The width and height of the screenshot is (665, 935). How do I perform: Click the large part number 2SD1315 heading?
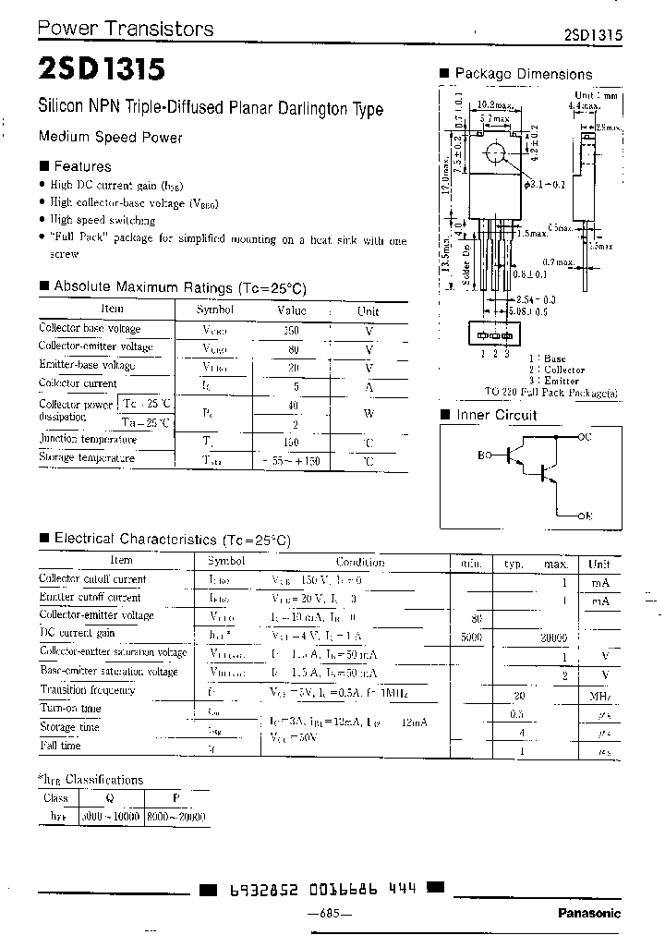coord(102,70)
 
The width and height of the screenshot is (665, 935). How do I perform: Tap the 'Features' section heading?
coord(81,166)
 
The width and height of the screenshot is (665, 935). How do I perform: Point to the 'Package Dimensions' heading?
coord(523,74)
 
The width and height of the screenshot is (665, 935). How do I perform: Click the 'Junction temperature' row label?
coord(88,439)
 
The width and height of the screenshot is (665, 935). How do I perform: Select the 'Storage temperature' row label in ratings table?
coord(87,457)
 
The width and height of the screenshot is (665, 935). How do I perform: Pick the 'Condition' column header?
coord(360,562)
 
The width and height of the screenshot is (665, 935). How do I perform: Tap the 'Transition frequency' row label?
coord(88,689)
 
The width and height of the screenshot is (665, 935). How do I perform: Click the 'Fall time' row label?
coord(60,745)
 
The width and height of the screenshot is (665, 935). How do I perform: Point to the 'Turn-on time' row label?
coord(70,709)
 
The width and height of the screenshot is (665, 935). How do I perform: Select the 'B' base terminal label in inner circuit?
coord(481,455)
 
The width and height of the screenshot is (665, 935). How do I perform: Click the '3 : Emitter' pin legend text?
coord(554,381)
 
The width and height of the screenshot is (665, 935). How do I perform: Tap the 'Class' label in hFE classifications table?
coord(57,799)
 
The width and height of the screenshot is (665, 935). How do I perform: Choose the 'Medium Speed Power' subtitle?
coord(110,137)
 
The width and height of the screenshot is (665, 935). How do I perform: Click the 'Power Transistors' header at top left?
coord(125,29)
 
